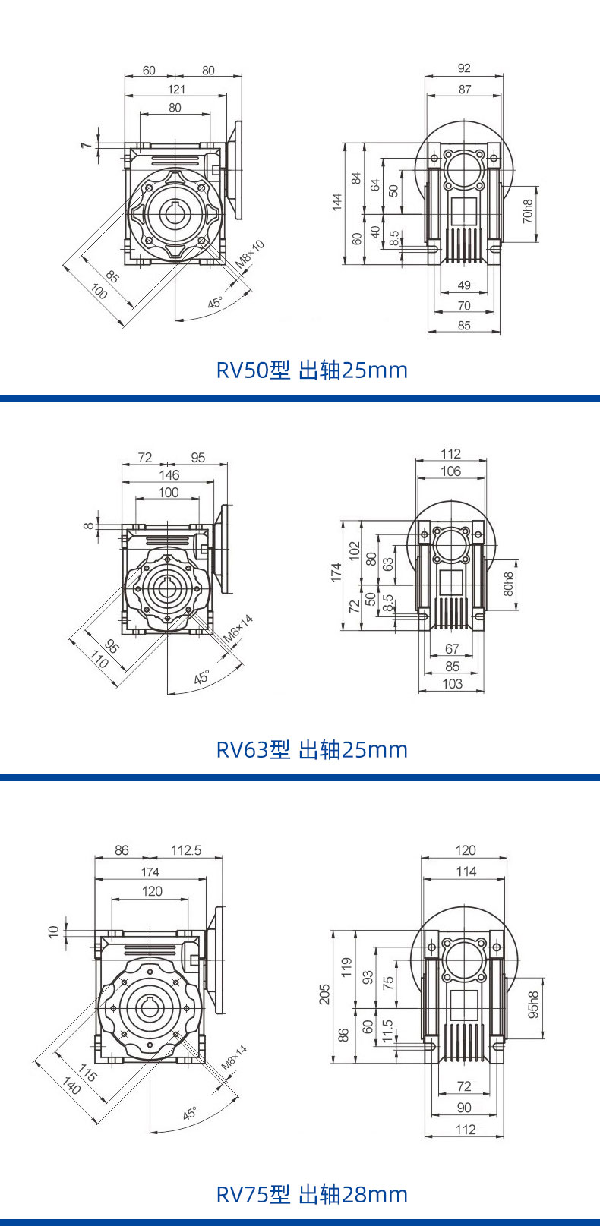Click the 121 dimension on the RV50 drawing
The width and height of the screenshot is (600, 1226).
pos(176,89)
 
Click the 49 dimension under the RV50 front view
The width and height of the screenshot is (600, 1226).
pos(464,285)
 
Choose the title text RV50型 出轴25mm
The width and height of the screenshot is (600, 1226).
pos(311,370)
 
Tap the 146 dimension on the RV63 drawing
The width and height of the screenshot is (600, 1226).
pos(169,474)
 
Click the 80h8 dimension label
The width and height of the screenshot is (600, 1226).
pos(509,582)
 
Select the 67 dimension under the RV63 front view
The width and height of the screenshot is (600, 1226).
pos(452,648)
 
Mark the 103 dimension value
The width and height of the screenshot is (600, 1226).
pos(452,683)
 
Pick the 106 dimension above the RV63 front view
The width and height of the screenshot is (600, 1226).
pos(450,471)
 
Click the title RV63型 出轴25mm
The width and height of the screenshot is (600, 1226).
pos(311,749)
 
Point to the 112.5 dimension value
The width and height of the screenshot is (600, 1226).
pos(186,850)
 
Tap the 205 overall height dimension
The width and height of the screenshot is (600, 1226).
pos(325,994)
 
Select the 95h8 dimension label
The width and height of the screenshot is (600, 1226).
pos(533,1004)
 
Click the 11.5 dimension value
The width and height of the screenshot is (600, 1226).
pos(387,1031)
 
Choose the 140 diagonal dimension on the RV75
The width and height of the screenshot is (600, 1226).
pos(71,1086)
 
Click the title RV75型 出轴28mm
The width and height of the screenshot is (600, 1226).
pos(311,1194)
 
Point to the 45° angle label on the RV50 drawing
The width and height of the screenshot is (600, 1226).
pos(216,303)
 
